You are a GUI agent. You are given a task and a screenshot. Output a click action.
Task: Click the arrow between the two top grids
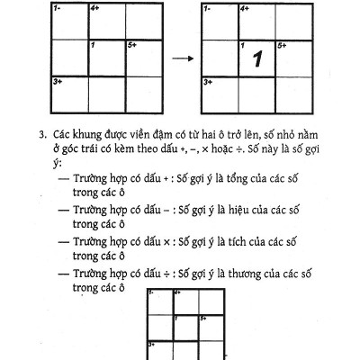pos(184,59)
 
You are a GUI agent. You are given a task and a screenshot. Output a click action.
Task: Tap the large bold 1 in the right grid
pos(256,60)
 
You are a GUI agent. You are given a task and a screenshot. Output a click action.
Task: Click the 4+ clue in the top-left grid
pos(94,8)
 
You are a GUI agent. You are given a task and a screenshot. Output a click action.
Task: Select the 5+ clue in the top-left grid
pos(131,44)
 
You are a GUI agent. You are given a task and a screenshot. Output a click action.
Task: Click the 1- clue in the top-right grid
pos(206,8)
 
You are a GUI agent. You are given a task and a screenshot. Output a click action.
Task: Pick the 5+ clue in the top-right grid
pos(281,44)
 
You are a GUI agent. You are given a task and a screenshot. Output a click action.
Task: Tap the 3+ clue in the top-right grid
pos(207,81)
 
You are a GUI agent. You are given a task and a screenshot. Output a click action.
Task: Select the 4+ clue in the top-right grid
pos(244,8)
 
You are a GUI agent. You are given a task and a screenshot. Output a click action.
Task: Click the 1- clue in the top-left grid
pos(57,8)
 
